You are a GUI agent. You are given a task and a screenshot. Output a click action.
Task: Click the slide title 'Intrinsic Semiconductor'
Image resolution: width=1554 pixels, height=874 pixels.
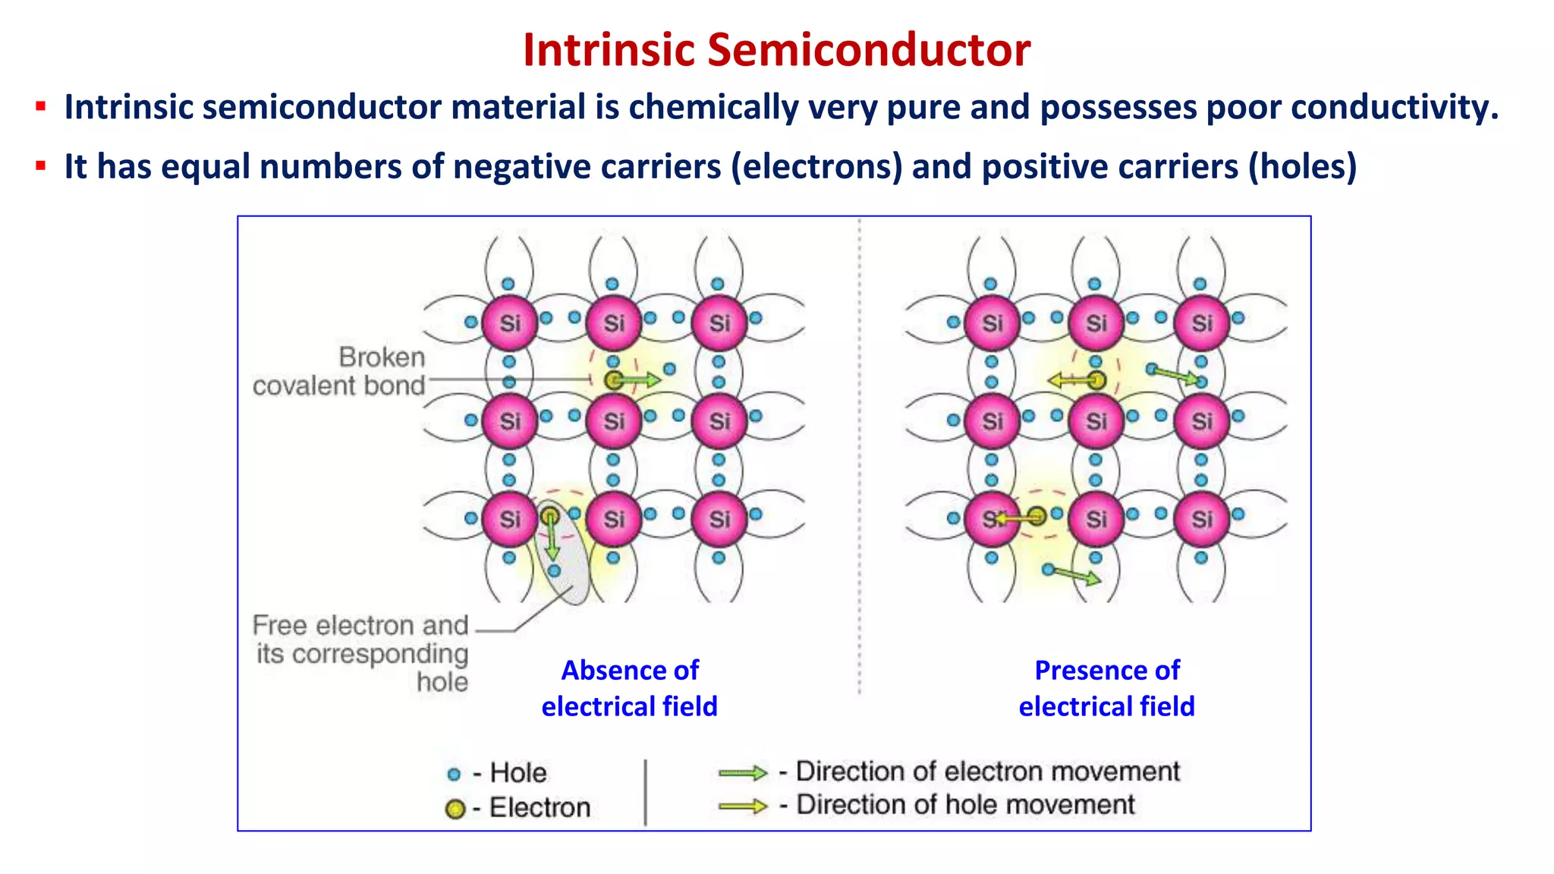pyautogui.click(x=776, y=50)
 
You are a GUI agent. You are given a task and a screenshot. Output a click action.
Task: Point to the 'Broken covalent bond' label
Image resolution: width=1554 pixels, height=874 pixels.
pyautogui.click(x=338, y=372)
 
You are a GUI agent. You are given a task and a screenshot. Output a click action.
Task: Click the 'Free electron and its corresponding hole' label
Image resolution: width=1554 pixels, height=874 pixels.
pyautogui.click(x=361, y=652)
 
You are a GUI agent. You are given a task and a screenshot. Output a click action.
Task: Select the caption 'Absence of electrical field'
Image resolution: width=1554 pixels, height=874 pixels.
pyautogui.click(x=630, y=688)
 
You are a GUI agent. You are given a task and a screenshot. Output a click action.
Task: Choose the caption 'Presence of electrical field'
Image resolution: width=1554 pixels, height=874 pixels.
pyautogui.click(x=1107, y=688)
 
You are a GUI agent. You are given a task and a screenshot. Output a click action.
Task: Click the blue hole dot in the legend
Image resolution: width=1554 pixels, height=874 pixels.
pyautogui.click(x=454, y=775)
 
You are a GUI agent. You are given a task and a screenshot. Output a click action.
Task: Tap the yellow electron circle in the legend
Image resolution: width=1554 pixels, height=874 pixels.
pyautogui.click(x=455, y=810)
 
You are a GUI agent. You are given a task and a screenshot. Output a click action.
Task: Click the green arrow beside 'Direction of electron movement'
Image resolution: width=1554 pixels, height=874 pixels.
pyautogui.click(x=743, y=773)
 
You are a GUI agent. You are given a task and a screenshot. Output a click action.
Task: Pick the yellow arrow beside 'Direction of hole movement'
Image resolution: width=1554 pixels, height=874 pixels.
pyautogui.click(x=743, y=806)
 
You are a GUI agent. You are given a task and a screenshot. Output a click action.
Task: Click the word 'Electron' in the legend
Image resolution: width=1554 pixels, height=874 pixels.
pyautogui.click(x=539, y=808)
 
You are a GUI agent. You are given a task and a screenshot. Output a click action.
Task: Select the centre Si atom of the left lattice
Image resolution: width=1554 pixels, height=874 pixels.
pyautogui.click(x=614, y=421)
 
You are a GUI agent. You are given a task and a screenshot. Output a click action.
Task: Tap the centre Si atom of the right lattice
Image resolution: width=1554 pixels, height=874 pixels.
pyautogui.click(x=1096, y=421)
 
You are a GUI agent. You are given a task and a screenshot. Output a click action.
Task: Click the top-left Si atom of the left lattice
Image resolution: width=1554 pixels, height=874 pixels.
pyautogui.click(x=509, y=323)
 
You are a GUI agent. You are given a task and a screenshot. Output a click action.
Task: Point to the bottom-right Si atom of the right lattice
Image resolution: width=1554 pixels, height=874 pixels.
pyautogui.click(x=1201, y=519)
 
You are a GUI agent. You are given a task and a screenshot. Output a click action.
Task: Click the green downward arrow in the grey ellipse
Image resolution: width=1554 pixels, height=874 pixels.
pyautogui.click(x=552, y=540)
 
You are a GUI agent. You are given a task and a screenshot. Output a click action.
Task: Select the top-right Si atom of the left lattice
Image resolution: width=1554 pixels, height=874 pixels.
pyautogui.click(x=719, y=323)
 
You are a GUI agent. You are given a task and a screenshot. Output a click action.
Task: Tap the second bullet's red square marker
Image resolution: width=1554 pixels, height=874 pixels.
pyautogui.click(x=41, y=165)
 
